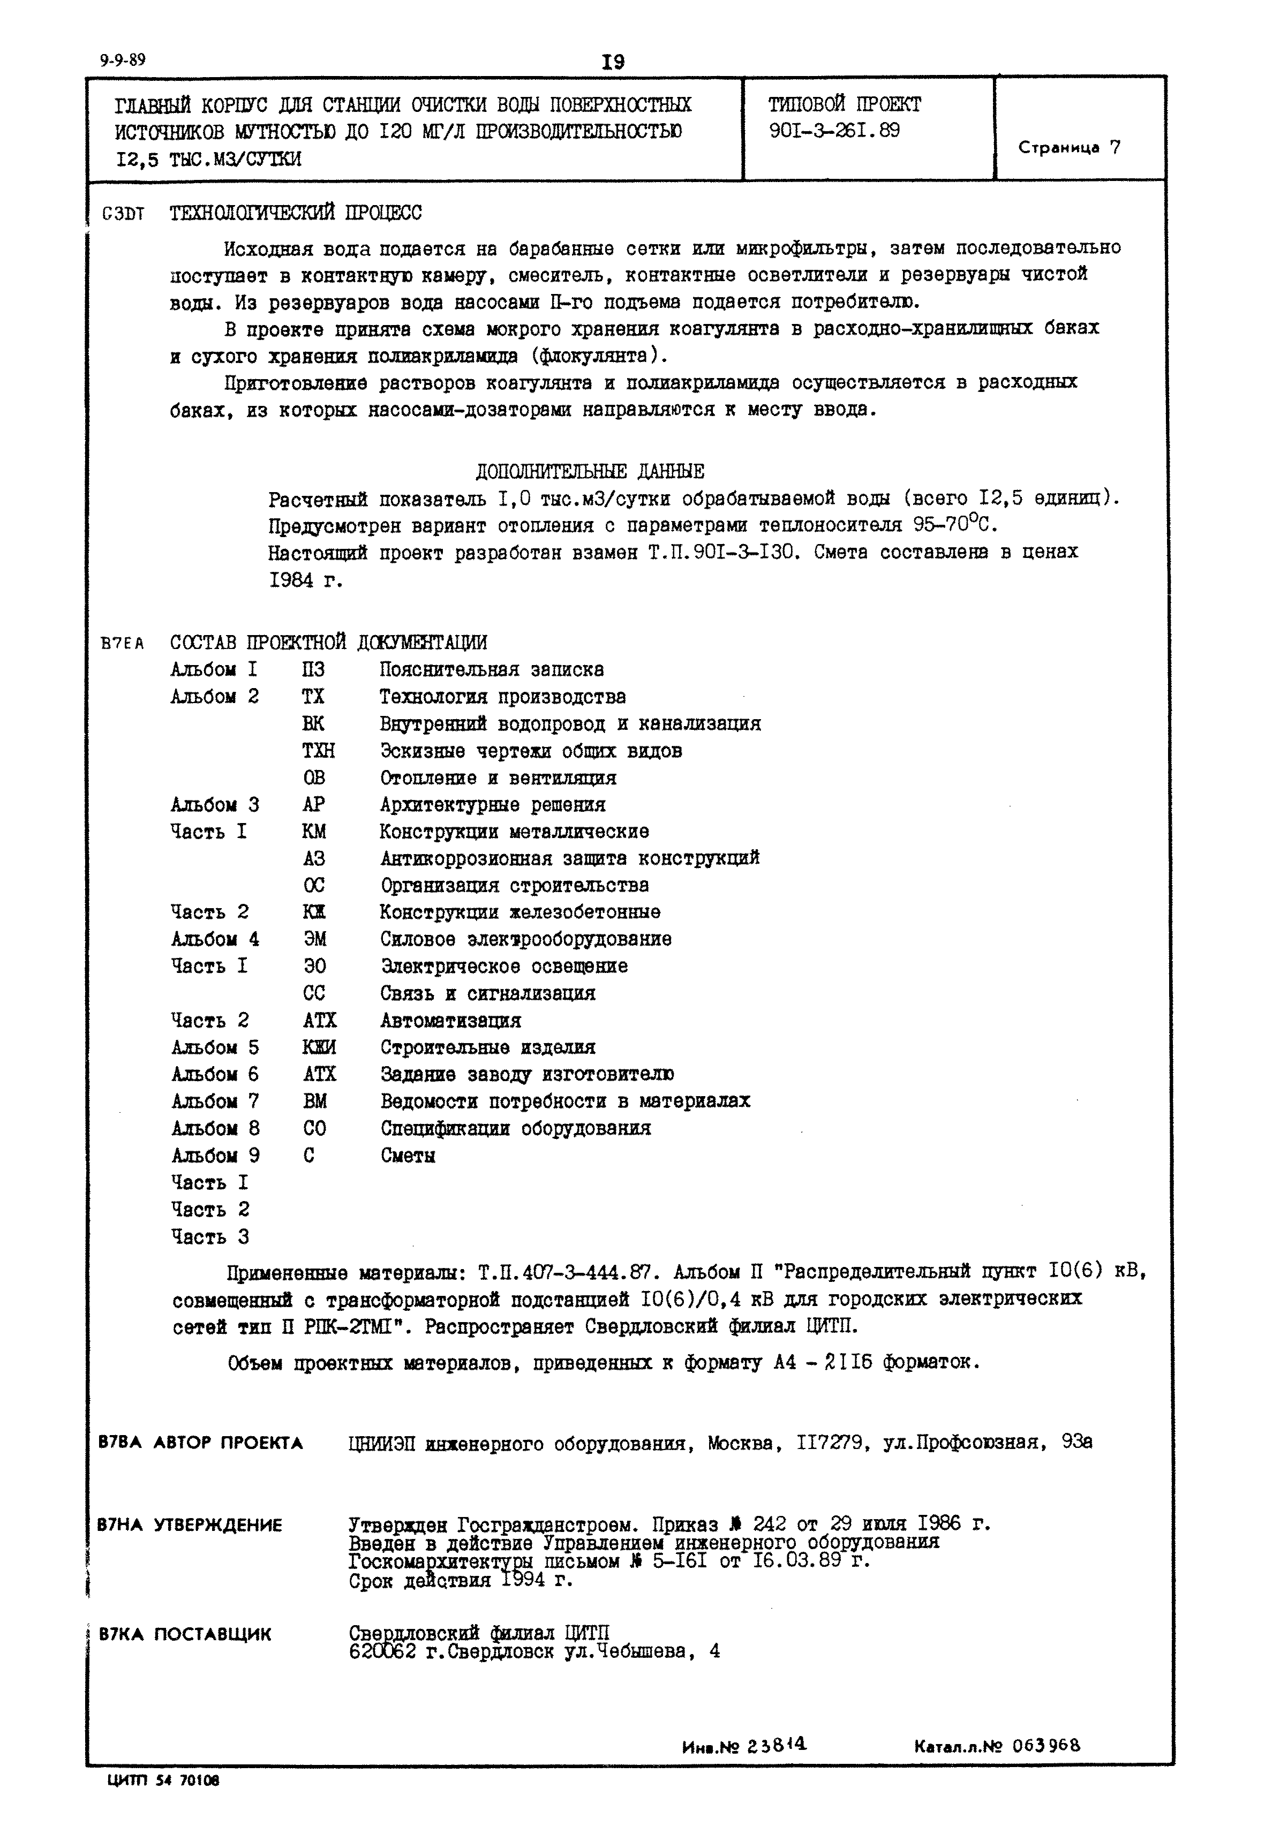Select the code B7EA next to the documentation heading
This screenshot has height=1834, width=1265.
point(122,644)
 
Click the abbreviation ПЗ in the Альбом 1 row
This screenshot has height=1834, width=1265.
point(313,670)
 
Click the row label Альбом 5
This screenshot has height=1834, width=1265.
point(215,1048)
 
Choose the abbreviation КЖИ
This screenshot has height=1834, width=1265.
point(319,1048)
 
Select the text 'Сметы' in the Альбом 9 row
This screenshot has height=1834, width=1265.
point(408,1156)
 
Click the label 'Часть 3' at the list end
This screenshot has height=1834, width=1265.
point(210,1236)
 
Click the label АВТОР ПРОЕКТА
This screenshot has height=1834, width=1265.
point(228,1443)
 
